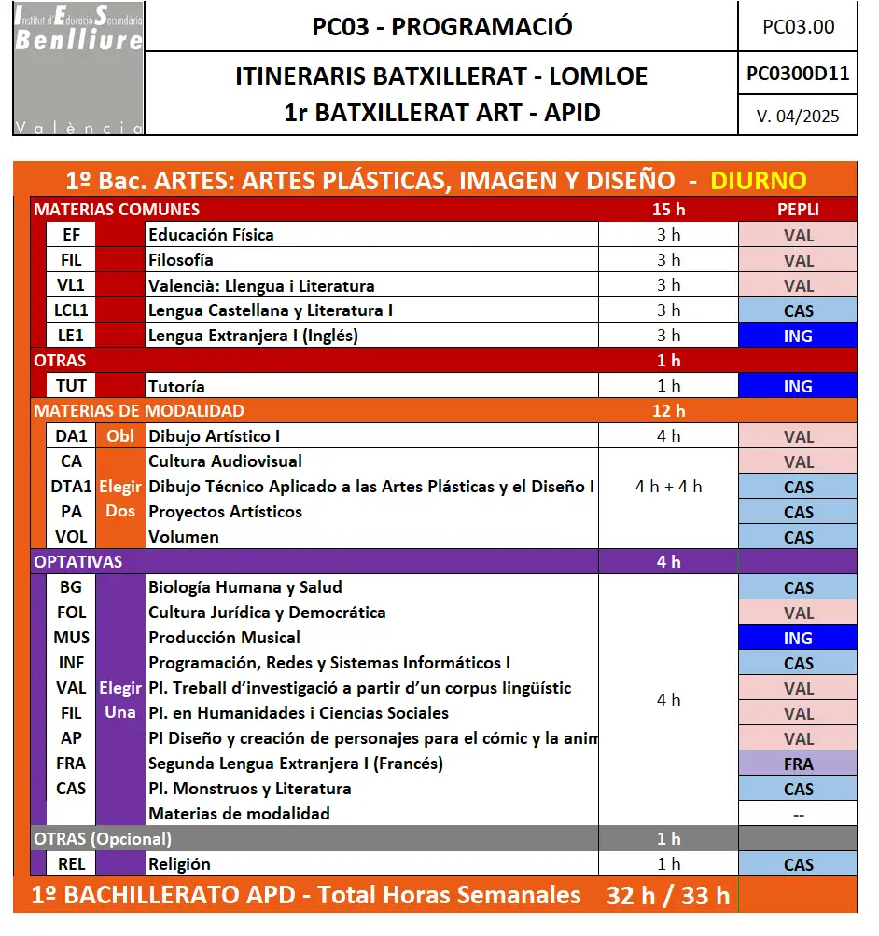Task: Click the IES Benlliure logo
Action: pos(79,68)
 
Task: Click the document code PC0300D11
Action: pos(798,74)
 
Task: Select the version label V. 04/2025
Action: pos(798,116)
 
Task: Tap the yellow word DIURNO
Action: pos(758,181)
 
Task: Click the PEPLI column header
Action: pos(798,210)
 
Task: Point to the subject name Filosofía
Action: pos(181,260)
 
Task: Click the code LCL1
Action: pos(71,310)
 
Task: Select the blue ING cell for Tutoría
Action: pos(798,386)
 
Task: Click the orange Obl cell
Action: pos(120,436)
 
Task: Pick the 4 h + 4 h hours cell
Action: pos(668,486)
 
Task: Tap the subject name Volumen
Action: pos(184,537)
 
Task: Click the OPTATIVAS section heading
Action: pos(78,562)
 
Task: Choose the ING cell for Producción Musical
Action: pos(798,639)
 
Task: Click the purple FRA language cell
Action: pos(798,764)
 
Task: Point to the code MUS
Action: pos(71,638)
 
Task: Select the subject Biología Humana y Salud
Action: pos(245,587)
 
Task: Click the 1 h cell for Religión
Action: pos(668,864)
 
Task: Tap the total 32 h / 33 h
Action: pos(668,896)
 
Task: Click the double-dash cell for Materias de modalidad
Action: pos(798,814)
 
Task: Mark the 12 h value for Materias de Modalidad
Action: pos(668,411)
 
